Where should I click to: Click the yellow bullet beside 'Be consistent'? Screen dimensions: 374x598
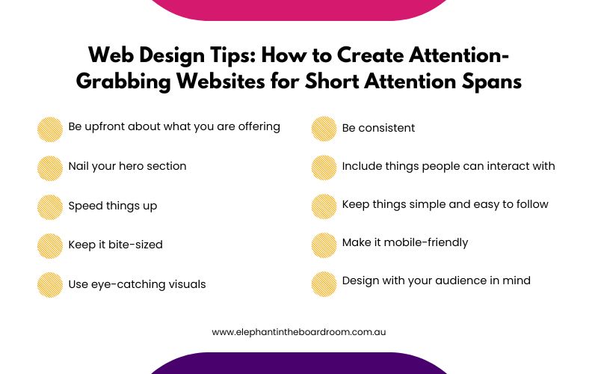point(324,129)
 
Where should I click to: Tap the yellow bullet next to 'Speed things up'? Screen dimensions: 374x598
point(50,207)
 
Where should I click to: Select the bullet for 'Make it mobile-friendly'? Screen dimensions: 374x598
point(324,245)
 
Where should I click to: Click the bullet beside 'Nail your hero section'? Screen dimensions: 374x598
point(50,168)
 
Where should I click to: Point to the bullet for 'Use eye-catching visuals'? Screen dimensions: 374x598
point(50,285)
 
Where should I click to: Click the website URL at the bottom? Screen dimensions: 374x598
point(299,331)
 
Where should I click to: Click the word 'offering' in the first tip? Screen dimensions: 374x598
point(256,127)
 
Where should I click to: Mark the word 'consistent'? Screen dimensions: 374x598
point(387,128)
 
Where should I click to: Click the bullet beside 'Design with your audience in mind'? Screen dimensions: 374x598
point(324,283)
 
